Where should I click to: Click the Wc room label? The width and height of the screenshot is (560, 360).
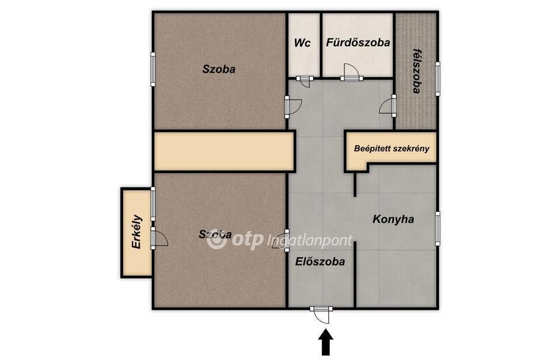click(x=302, y=43)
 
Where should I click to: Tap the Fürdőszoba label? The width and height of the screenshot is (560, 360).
click(x=358, y=43)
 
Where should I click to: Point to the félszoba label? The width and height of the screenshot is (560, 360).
click(x=416, y=71)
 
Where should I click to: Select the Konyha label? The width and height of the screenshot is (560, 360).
click(x=393, y=219)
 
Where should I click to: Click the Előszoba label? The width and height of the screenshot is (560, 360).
click(x=320, y=262)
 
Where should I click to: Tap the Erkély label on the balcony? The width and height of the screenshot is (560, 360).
click(x=137, y=232)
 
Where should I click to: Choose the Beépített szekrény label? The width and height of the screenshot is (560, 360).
click(x=391, y=148)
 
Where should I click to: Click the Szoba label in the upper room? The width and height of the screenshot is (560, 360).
click(x=218, y=69)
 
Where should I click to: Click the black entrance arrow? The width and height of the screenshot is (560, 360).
click(x=325, y=342)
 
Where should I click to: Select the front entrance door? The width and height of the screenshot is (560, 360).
click(x=321, y=314)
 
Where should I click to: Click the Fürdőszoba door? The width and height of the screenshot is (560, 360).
click(x=350, y=72)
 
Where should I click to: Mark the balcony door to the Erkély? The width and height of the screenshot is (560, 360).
click(x=159, y=238)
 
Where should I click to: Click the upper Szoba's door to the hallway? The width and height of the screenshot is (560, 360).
click(x=293, y=107)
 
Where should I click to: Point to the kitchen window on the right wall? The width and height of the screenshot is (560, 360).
click(x=437, y=228)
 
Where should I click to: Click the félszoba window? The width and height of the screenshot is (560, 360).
click(x=437, y=79)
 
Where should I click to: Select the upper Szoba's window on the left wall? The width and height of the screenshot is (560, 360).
click(x=153, y=69)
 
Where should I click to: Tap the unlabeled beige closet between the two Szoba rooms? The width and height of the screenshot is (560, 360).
click(x=224, y=152)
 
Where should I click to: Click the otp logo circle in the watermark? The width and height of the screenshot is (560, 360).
click(x=217, y=240)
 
